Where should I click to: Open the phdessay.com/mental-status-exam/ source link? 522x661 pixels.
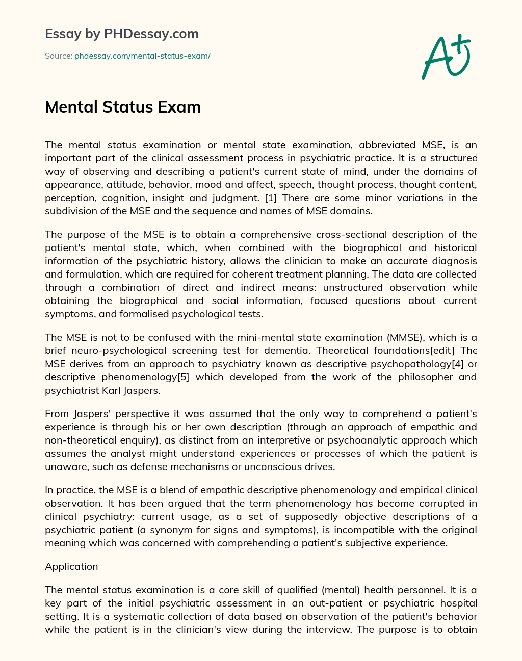pos(142,56)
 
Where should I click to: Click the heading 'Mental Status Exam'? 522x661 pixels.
pos(123,107)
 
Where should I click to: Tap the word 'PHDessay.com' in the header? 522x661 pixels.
pos(151,34)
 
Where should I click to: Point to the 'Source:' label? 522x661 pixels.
pos(59,56)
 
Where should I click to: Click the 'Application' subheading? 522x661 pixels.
pos(71,566)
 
